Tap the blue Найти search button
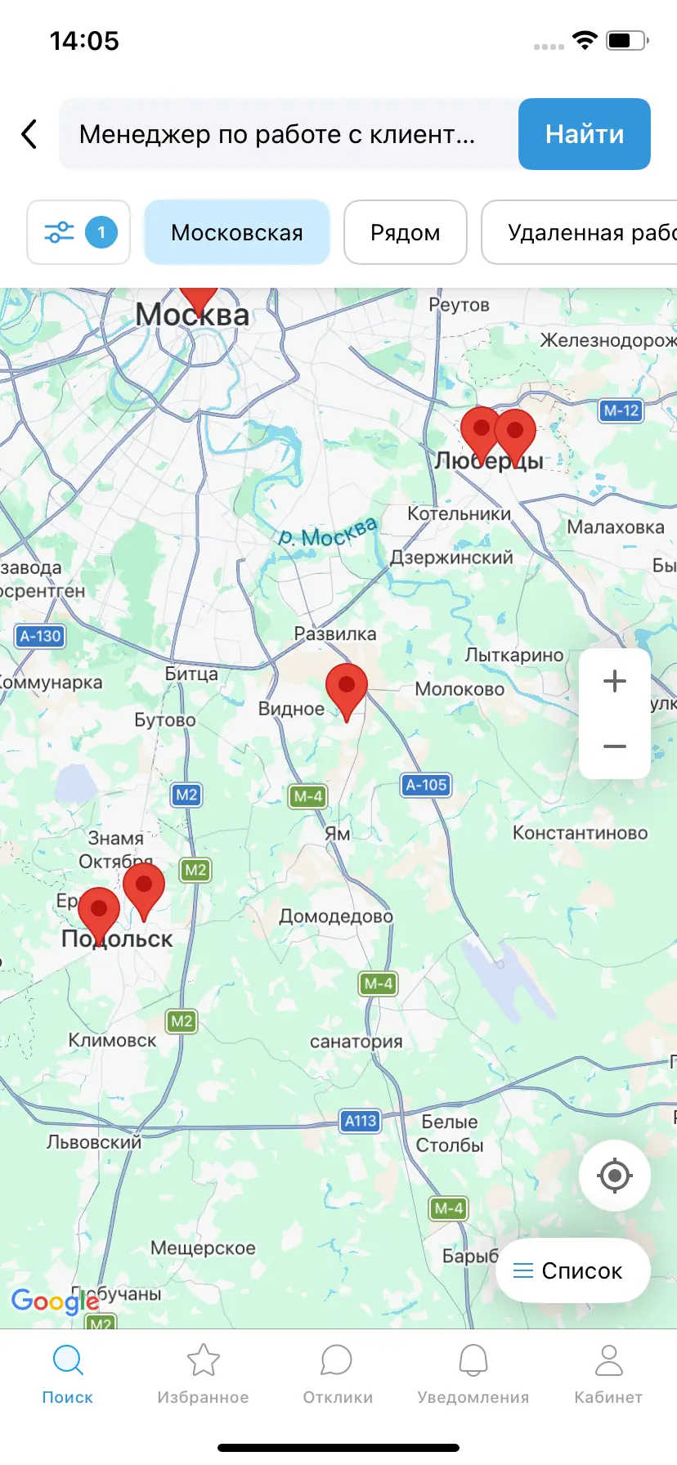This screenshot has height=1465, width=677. pos(584,134)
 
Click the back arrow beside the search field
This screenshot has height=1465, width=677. pos(29,134)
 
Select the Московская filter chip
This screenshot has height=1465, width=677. pos(237,233)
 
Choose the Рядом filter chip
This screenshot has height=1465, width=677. pos(405,233)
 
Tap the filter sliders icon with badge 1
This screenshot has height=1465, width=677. pos(78,233)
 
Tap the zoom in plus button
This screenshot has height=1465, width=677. pos(614,681)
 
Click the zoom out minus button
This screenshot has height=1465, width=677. pos(614,746)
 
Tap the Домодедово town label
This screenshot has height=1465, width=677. pos(336,916)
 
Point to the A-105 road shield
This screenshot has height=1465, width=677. pos(426,785)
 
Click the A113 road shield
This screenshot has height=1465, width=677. pos(361,1121)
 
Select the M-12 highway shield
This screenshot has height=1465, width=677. pos(621,410)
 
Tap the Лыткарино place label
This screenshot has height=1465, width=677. pos(514,655)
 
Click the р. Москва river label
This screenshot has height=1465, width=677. pos(328,533)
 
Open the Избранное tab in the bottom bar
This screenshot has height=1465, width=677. pos(203,1374)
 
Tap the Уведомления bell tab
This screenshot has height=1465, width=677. pos(473,1374)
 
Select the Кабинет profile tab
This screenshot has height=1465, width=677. pos(608,1374)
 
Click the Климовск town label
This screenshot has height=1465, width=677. pos(112,1041)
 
